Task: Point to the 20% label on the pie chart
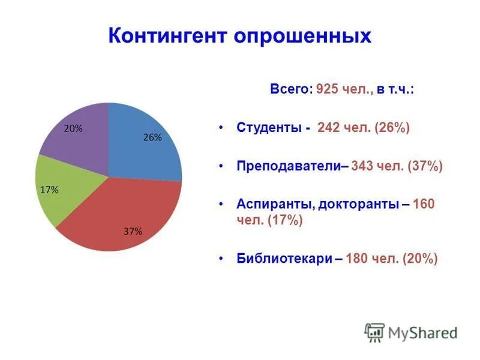[x=73, y=128]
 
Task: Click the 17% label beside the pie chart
[x=49, y=190]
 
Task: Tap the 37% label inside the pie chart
[x=133, y=232]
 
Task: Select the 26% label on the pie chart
[x=152, y=137]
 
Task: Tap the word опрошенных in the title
[x=302, y=35]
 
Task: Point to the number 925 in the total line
[x=327, y=90]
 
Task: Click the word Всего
[x=290, y=90]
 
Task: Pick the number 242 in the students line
[x=329, y=128]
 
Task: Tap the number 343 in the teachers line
[x=363, y=166]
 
